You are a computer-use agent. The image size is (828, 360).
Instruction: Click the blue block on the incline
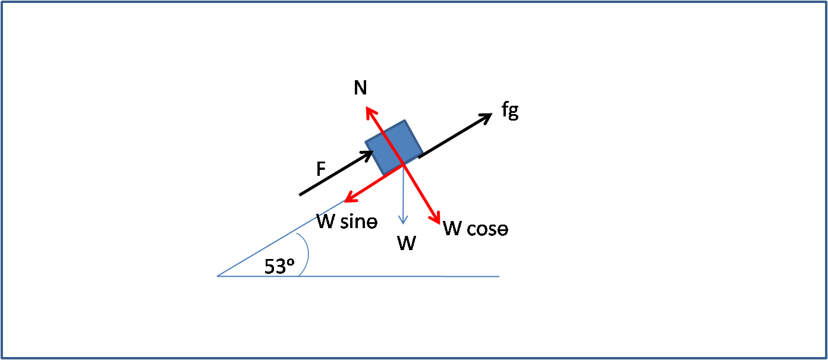[x=394, y=147]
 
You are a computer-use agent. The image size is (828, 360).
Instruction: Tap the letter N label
[x=360, y=88]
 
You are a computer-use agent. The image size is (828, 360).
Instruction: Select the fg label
[x=510, y=110]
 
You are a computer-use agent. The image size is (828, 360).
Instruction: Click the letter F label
[x=321, y=169]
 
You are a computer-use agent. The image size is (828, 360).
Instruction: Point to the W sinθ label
[x=347, y=222]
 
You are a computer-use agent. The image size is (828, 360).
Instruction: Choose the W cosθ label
[x=476, y=229]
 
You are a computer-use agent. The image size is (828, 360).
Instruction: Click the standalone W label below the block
[x=407, y=243]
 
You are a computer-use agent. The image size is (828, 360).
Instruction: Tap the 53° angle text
[x=279, y=267]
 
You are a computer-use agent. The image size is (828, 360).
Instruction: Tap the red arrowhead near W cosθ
[x=436, y=218]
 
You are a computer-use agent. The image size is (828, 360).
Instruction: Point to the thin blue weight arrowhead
[x=403, y=220]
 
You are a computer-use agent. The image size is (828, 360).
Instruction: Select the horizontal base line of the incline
[x=358, y=276]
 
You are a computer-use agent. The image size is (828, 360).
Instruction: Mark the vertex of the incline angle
[x=218, y=276]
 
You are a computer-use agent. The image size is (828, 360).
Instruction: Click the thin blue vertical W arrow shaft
[x=403, y=194]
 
